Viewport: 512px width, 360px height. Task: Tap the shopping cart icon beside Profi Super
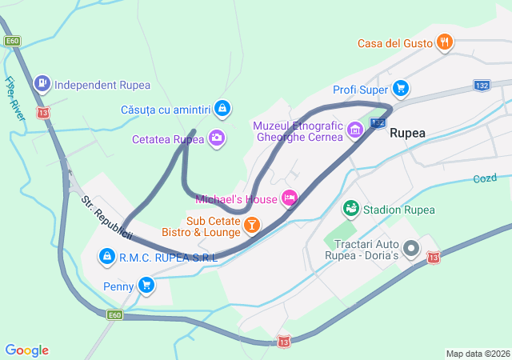tap(401, 89)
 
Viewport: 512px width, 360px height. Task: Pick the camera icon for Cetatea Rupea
tap(217, 138)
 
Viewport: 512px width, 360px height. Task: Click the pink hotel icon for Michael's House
tap(290, 198)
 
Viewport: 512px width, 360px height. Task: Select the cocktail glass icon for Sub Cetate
tap(252, 226)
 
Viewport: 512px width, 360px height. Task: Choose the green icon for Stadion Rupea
tap(350, 210)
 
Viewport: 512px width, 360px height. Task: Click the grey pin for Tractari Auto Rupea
tap(411, 249)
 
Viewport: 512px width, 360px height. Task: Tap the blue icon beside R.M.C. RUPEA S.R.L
tap(106, 257)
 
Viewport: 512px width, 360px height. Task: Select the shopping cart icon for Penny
tap(146, 285)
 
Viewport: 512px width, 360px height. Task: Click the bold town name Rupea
tap(408, 134)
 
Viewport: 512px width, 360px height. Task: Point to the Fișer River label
tap(14, 98)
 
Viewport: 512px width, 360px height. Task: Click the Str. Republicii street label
tap(106, 217)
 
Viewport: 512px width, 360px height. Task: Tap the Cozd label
tap(484, 178)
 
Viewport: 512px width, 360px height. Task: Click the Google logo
tap(26, 350)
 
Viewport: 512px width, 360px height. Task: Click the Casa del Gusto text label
tap(394, 43)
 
